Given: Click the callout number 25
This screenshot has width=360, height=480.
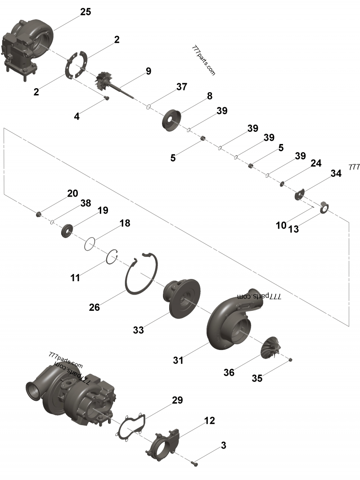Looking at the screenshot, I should (85, 12).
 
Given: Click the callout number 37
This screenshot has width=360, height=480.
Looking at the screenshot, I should (181, 87).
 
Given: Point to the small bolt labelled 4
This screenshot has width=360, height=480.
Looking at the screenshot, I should (107, 98).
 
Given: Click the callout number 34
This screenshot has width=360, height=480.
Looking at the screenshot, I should (336, 174).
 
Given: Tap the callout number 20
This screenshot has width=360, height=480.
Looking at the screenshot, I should (72, 193).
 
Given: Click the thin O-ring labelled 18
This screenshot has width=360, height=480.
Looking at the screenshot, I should (90, 244).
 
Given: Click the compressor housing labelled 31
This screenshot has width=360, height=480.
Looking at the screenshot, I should (229, 322).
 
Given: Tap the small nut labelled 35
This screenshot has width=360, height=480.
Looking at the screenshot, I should (291, 359).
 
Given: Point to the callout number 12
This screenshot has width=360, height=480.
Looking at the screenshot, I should (209, 421).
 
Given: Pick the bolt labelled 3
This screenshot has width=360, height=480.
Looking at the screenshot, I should (194, 462).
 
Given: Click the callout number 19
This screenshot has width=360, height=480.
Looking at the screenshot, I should (103, 210).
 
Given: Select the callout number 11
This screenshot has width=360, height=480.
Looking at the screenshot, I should (75, 278).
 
